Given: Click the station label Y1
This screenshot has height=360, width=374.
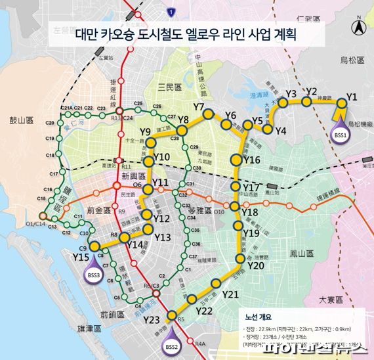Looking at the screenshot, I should click(x=352, y=97).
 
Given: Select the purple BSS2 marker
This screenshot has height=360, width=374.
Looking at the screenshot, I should click(x=172, y=345).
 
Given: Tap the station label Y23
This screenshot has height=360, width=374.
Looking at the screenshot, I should click(x=151, y=321).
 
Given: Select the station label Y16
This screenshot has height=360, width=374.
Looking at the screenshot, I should click(x=252, y=160).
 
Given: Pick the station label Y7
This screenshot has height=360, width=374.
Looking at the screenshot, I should click(x=200, y=106).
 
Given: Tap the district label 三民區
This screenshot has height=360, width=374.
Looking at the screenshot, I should click(x=170, y=86).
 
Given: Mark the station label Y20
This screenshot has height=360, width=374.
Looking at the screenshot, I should click(x=256, y=265).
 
